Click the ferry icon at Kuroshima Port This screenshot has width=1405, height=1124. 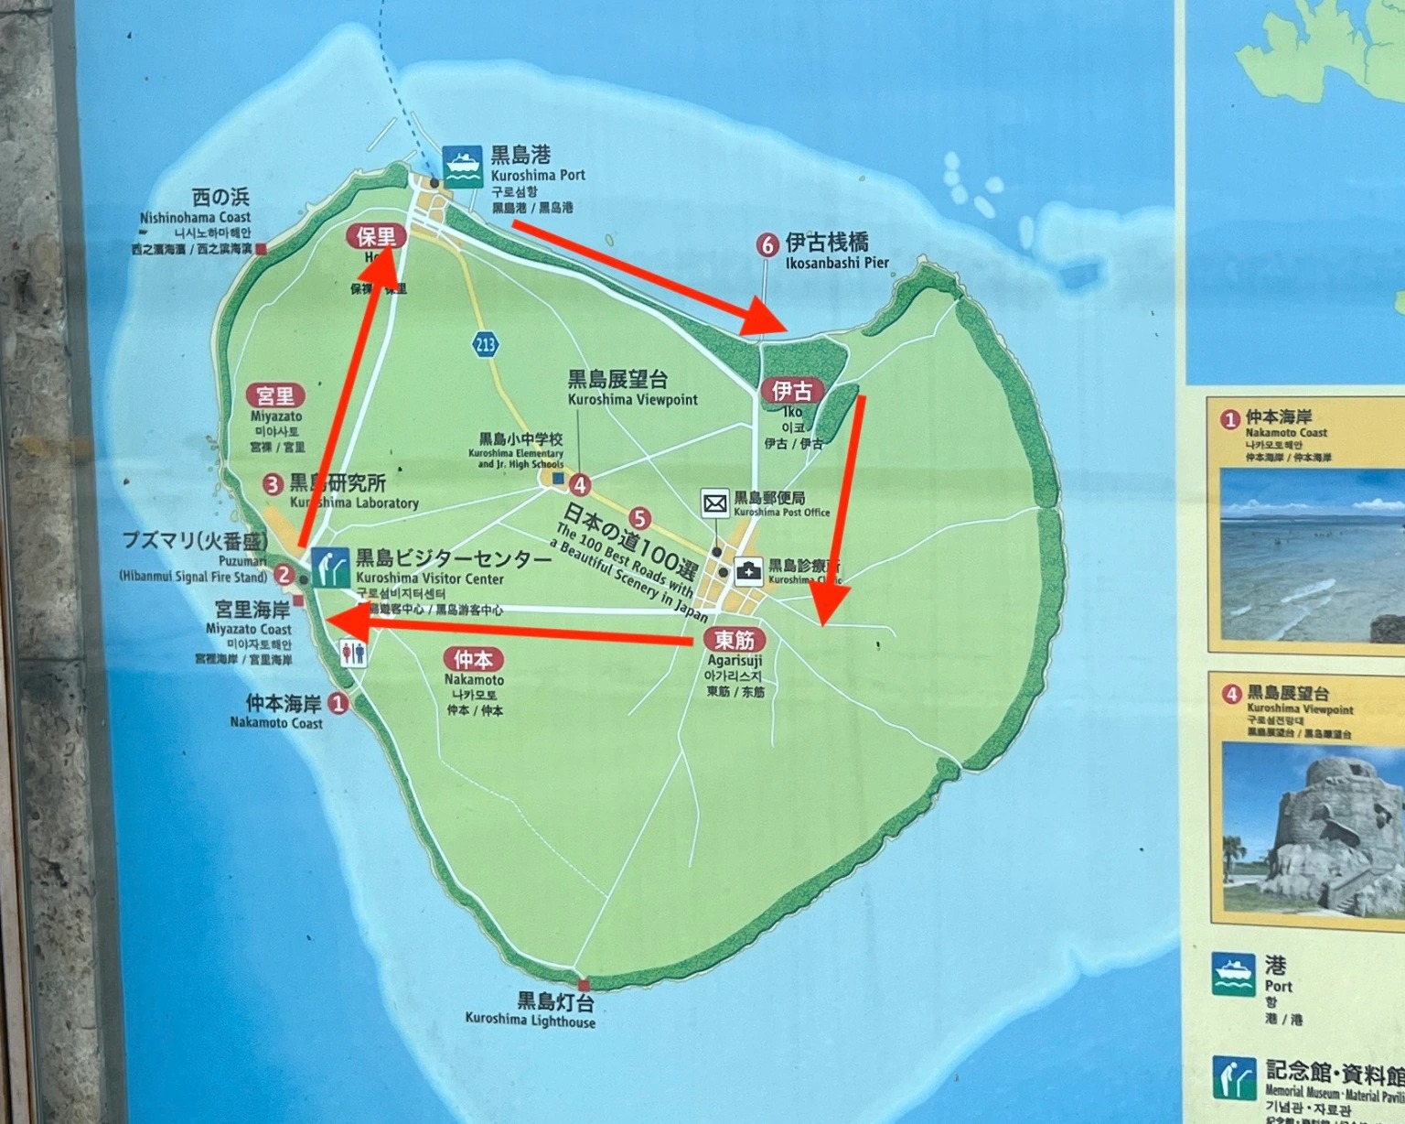click(x=462, y=166)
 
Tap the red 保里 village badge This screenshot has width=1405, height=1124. click(x=376, y=236)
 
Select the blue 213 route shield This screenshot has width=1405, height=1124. click(x=485, y=344)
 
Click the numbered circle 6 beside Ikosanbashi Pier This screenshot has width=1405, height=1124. click(x=767, y=244)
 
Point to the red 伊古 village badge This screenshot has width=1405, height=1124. click(x=791, y=391)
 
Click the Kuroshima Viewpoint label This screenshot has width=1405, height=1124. click(x=632, y=388)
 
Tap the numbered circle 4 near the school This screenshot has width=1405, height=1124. click(x=579, y=484)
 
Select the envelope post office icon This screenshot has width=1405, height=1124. click(x=715, y=503)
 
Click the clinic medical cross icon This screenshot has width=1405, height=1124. click(x=748, y=571)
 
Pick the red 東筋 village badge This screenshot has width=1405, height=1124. click(x=735, y=639)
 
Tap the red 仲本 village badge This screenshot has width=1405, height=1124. click(x=473, y=658)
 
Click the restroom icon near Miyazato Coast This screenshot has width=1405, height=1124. click(x=353, y=654)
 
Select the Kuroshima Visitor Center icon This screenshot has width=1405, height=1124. click(x=329, y=567)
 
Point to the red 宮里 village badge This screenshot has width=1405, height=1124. click(x=275, y=395)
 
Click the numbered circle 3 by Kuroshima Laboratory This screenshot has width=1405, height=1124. click(x=273, y=483)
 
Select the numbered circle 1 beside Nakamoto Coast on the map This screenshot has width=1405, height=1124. click(x=338, y=703)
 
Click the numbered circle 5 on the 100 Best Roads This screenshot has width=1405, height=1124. click(x=639, y=519)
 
